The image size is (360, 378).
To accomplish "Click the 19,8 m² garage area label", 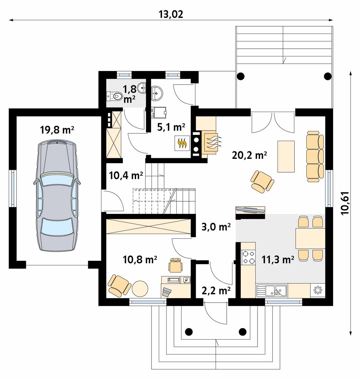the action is point(57,130).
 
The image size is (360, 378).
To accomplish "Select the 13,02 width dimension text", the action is point(171,14).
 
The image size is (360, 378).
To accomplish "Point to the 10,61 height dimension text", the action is point(345,203).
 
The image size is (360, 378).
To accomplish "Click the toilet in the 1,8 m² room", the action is point(114,96).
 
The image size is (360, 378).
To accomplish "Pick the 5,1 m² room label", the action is point(171,127).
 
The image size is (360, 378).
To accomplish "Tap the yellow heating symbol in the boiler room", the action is point(182,143).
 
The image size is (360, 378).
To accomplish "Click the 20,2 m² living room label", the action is point(249,155).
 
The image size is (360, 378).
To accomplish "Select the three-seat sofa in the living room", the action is point(315,156).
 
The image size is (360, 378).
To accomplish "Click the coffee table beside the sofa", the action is point(286,156).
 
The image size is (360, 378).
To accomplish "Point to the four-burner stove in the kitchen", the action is point(248,257).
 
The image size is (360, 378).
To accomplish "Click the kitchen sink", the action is point(271,290).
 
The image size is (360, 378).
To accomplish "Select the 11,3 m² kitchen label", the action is point(277,259).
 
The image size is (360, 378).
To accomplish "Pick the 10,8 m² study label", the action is point(140,259).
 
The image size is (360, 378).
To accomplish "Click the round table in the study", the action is point(140,288).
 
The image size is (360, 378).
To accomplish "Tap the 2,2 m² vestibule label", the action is point(216,291).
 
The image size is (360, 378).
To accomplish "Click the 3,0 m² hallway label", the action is point(216,227).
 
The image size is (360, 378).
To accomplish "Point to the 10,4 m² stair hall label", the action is point(126,175).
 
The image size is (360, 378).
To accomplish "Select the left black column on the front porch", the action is point(189,332).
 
